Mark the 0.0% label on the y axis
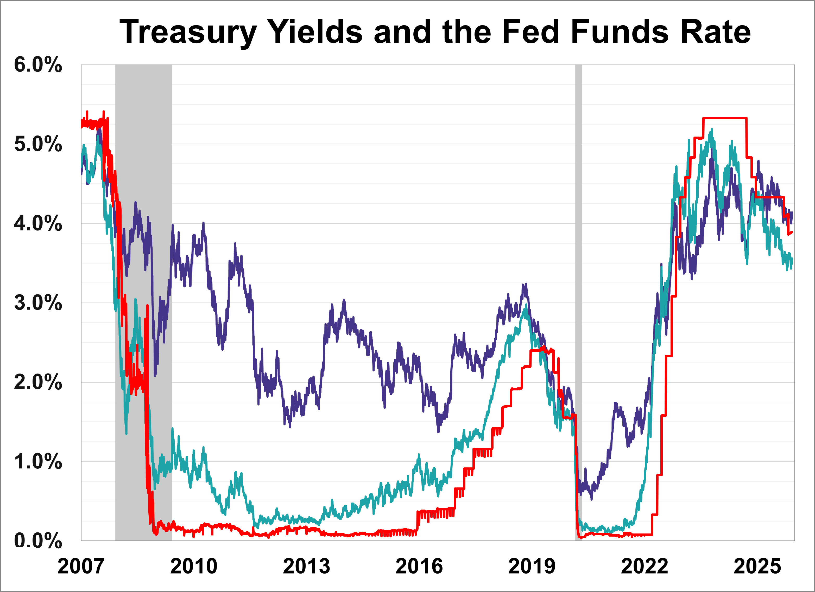pyautogui.click(x=38, y=540)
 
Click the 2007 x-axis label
pyautogui.click(x=81, y=567)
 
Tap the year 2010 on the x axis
pyautogui.click(x=194, y=567)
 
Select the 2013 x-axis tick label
pyautogui.click(x=306, y=567)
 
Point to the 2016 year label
pyautogui.click(x=419, y=567)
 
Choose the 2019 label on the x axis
pyautogui.click(x=532, y=567)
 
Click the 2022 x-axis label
pyautogui.click(x=644, y=567)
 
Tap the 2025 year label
pyautogui.click(x=757, y=567)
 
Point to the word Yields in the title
pyautogui.click(x=315, y=32)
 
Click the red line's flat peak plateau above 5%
pyautogui.click(x=724, y=118)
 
